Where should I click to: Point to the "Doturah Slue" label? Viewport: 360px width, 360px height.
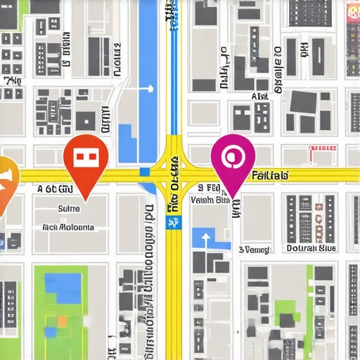(x=311, y=248)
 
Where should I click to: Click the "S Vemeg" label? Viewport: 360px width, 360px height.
(x=254, y=248)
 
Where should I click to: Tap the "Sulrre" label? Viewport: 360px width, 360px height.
(x=68, y=209)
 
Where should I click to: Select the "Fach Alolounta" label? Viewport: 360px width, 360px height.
(x=68, y=228)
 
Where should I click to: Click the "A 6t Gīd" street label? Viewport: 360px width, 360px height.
(x=54, y=189)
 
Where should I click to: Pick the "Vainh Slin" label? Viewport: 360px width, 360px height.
(x=210, y=200)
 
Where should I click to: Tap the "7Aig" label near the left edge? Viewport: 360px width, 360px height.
(x=12, y=81)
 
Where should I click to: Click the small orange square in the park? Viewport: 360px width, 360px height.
(x=62, y=321)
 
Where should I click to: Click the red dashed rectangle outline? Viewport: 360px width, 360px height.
(x=323, y=148)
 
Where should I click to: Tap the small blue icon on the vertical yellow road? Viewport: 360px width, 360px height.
(x=171, y=222)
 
